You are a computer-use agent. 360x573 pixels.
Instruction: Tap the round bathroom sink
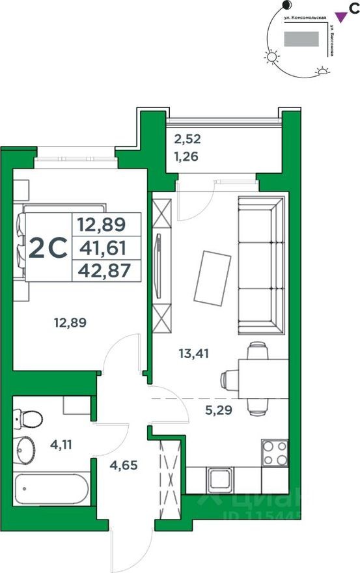pyautogui.click(x=28, y=448)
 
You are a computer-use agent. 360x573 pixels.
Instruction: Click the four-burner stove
pyautogui.click(x=274, y=453)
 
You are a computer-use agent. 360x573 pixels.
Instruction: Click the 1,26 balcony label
pyautogui.click(x=186, y=156)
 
